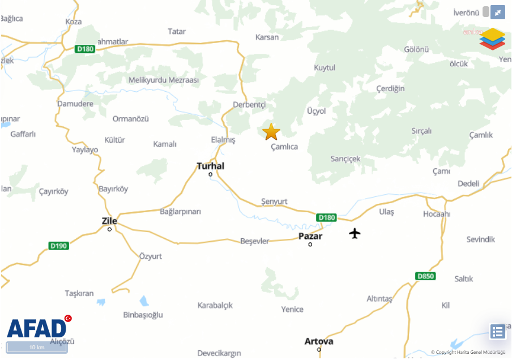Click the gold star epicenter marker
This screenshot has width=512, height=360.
coord(271,131)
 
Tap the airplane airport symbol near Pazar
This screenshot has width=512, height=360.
coord(355,233)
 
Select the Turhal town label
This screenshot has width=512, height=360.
coord(210,166)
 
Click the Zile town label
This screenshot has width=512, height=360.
coord(109,221)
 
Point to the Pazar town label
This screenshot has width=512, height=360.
coord(310,236)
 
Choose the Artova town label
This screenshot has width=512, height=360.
coord(319,341)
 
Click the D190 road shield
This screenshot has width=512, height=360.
coord(58,246)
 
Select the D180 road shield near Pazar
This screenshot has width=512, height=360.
coord(326,217)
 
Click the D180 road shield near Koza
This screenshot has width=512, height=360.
coord(86,49)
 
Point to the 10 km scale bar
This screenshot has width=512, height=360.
coord(37,347)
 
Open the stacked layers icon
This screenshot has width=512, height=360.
coord(493,38)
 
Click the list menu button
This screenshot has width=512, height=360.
coord(498,332)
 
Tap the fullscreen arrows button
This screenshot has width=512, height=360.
coord(497,12)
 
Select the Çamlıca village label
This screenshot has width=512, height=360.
coord(284,147)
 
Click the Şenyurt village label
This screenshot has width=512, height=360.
coord(274,202)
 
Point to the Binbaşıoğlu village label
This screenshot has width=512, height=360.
coord(143,315)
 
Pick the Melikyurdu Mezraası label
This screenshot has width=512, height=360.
coord(164,80)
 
